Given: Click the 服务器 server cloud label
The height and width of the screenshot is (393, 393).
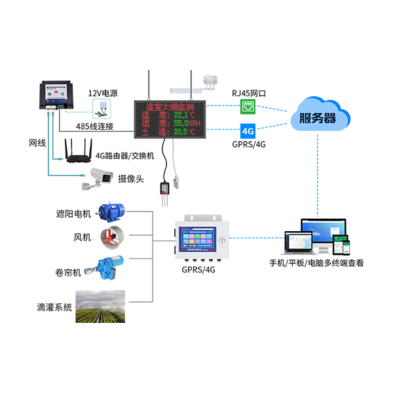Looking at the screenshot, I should point(317,119).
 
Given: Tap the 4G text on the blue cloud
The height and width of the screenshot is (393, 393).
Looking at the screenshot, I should point(248,131).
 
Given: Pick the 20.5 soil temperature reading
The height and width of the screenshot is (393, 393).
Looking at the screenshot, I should point(185,132).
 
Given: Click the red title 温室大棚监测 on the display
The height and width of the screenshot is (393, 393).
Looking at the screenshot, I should point(169,107).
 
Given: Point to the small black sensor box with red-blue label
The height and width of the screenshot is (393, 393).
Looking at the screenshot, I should point(165,189).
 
